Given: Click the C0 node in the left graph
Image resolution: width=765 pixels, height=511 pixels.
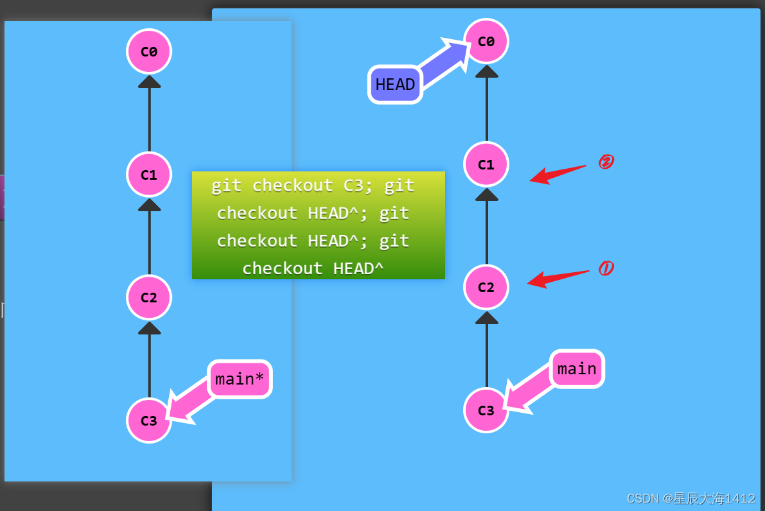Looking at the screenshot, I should click(149, 51).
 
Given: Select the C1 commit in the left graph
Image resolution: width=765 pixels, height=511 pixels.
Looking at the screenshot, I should click(149, 175).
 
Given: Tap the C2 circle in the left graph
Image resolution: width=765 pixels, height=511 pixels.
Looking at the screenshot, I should click(149, 297).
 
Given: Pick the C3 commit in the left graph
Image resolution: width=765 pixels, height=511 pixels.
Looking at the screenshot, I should click(149, 420).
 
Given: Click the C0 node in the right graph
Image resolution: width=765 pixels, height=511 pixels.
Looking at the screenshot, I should click(486, 41).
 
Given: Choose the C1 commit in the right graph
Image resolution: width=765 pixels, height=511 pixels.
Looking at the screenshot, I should click(486, 164).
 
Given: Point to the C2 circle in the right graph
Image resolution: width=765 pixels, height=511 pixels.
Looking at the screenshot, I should click(486, 287).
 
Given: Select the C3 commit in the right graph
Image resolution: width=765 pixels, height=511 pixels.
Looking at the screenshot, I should click(486, 410).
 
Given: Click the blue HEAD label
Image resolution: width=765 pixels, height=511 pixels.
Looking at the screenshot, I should click(395, 84).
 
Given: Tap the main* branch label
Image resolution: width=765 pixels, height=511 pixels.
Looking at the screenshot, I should click(240, 379).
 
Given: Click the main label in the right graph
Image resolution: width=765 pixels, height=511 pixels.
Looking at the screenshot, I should click(577, 369).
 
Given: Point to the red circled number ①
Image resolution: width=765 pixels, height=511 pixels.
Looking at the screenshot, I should click(604, 268).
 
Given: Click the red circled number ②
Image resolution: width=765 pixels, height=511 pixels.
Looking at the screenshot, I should click(604, 162).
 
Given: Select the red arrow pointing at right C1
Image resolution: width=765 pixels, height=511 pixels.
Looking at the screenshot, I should click(557, 173).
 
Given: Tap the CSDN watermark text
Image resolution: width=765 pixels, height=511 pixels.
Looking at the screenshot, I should click(690, 498).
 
